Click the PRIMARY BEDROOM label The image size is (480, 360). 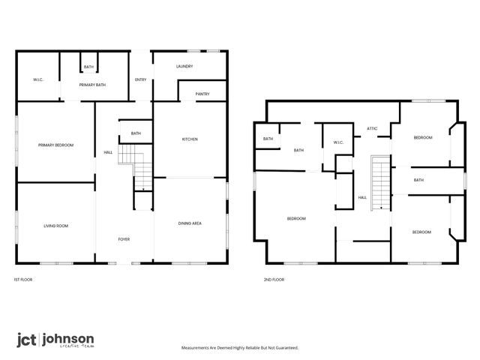tap(56, 145)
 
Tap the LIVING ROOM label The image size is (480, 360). tap(56, 225)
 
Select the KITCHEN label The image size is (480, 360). tap(190, 139)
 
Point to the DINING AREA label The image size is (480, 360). tap(190, 223)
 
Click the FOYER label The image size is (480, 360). tap(124, 239)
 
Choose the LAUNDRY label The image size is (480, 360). tap(184, 67)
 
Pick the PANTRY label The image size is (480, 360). tap(202, 94)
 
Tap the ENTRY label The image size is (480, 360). tap(140, 79)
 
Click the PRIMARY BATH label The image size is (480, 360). tap(92, 85)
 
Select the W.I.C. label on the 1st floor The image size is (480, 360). tap(38, 79)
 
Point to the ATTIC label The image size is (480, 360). tap(372, 128)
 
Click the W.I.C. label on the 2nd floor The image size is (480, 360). tap(338, 142)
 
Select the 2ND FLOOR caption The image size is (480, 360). tap(274, 279)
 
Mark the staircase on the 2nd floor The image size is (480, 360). tap(381, 182)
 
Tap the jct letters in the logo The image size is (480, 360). tap(27, 339)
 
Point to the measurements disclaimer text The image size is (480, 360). tap(240, 348)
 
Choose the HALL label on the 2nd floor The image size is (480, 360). tap(362, 197)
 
